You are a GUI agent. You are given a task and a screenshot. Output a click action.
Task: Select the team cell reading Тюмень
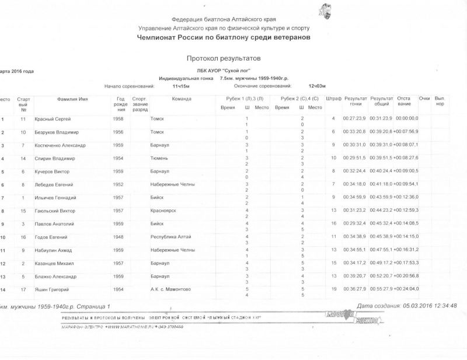[x=158, y=158]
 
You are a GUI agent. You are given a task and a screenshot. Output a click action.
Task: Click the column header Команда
[x=182, y=99]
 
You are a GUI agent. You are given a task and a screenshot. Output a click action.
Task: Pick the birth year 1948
[x=118, y=237]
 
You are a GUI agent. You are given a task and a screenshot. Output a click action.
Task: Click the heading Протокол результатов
[x=224, y=59]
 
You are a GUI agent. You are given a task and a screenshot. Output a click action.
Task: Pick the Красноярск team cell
[x=163, y=211]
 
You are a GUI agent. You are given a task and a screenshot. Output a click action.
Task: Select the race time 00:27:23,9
[x=354, y=119]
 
